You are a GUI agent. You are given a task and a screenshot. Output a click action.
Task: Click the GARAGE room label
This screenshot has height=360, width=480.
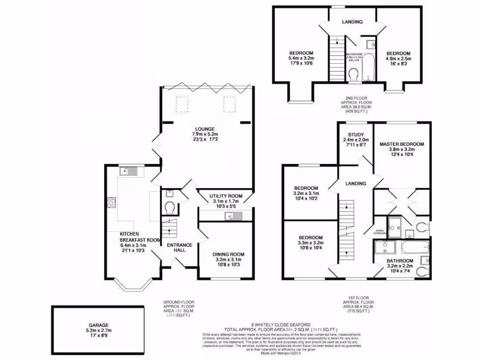98,325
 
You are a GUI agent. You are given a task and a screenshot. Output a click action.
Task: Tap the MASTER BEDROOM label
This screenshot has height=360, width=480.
402,144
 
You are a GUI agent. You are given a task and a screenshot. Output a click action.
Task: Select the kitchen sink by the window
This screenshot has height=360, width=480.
128,171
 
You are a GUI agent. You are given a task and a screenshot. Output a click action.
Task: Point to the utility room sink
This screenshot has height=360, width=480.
232,216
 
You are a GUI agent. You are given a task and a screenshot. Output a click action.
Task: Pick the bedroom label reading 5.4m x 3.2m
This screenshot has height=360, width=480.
301,53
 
